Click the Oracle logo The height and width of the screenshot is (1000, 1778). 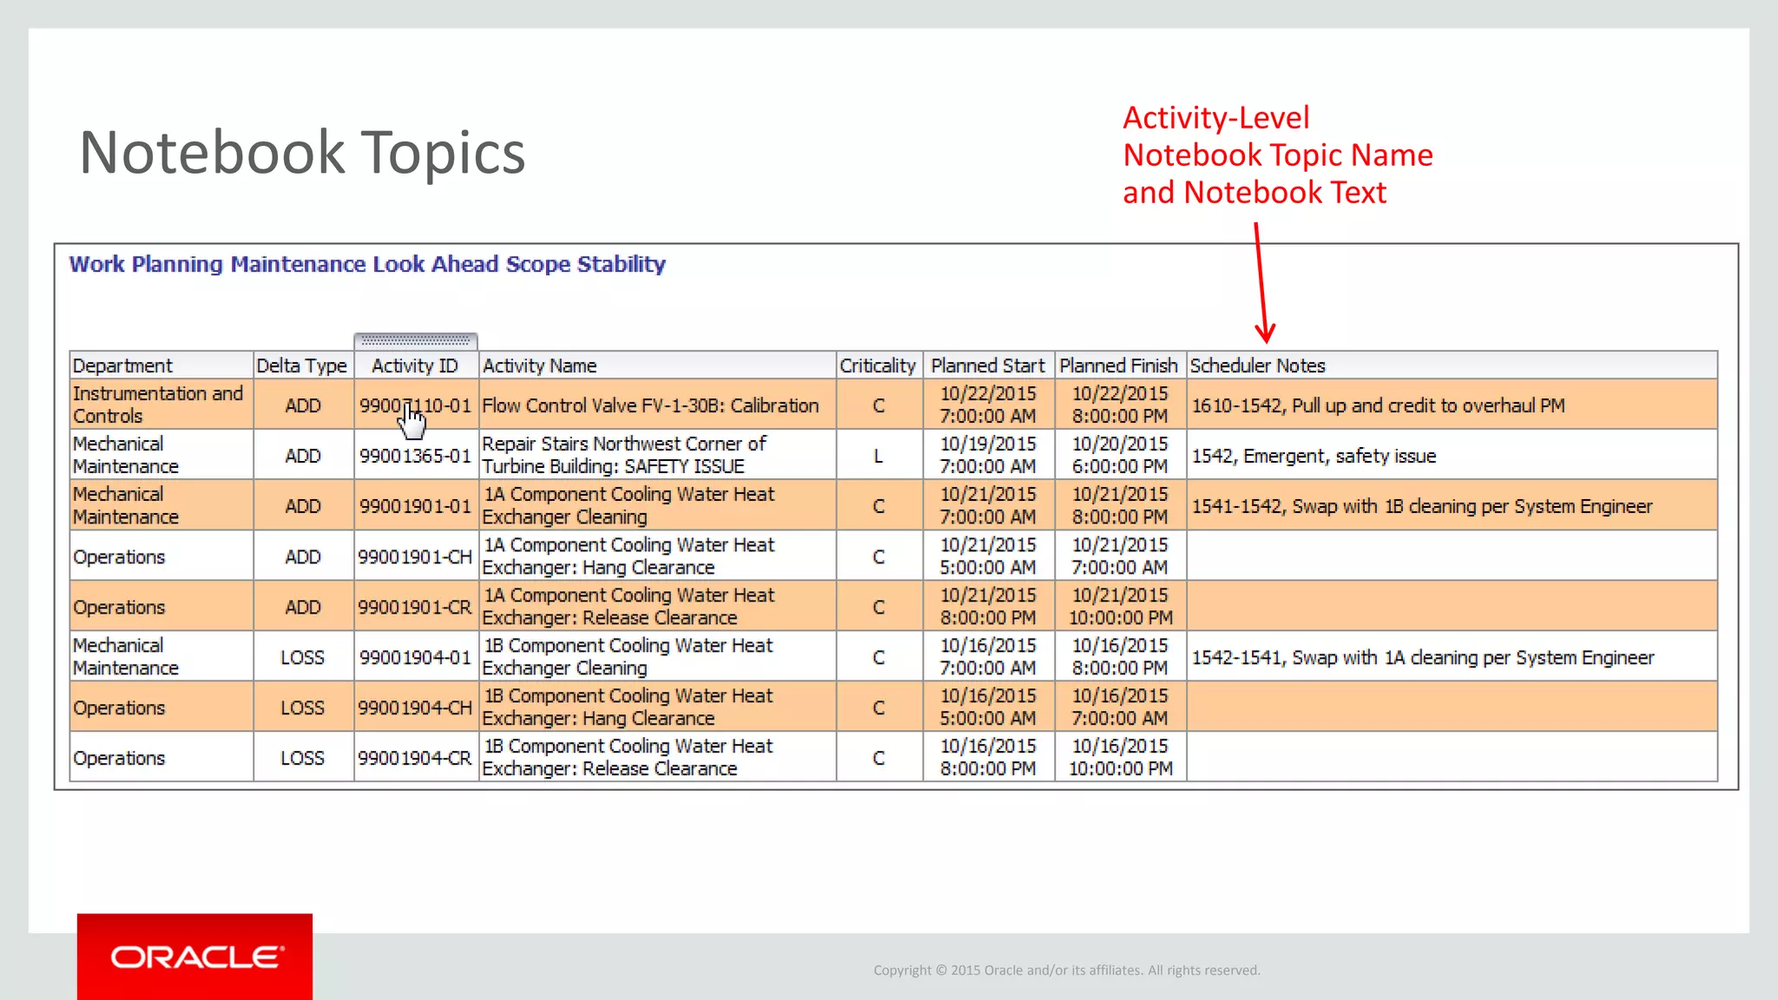(196, 957)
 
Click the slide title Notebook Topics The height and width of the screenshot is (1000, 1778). (302, 153)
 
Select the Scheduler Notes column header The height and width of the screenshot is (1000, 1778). (1257, 365)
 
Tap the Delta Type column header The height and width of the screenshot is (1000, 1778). (301, 365)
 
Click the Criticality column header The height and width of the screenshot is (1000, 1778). (877, 365)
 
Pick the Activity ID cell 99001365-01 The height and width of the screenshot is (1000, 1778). (415, 456)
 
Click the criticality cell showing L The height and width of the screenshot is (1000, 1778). (879, 456)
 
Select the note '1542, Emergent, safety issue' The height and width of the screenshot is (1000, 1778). (1314, 456)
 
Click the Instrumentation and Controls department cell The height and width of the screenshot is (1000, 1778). (158, 405)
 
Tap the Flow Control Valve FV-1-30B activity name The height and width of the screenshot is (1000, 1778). (650, 405)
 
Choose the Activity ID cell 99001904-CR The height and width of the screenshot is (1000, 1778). (415, 758)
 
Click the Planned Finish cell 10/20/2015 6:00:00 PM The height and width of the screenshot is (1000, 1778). (1120, 455)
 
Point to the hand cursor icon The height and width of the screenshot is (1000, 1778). (412, 422)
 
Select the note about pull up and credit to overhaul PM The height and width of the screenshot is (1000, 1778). (1378, 405)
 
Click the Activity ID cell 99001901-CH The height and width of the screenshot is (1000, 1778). (415, 556)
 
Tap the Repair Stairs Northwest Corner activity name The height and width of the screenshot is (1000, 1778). (624, 455)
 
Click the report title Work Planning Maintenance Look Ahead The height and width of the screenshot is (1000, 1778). (367, 264)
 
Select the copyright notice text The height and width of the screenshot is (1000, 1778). (1066, 970)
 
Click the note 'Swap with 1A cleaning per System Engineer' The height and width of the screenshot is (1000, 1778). (1422, 657)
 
